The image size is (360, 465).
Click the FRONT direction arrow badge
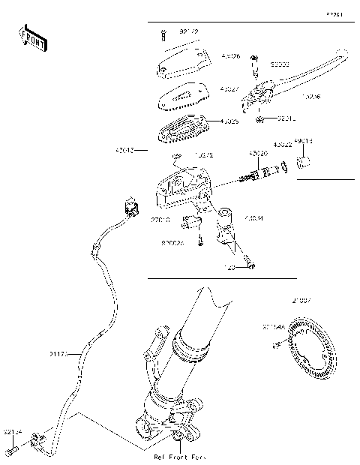pyautogui.click(x=31, y=39)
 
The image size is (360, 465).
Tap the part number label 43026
pyautogui.click(x=230, y=56)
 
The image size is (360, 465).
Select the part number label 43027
pyautogui.click(x=230, y=88)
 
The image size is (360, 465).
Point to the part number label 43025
pyautogui.click(x=230, y=121)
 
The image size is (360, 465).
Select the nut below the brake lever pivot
pyautogui.click(x=259, y=118)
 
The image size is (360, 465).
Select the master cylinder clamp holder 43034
pyautogui.click(x=225, y=229)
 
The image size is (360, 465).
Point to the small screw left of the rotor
pyautogui.click(x=277, y=343)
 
